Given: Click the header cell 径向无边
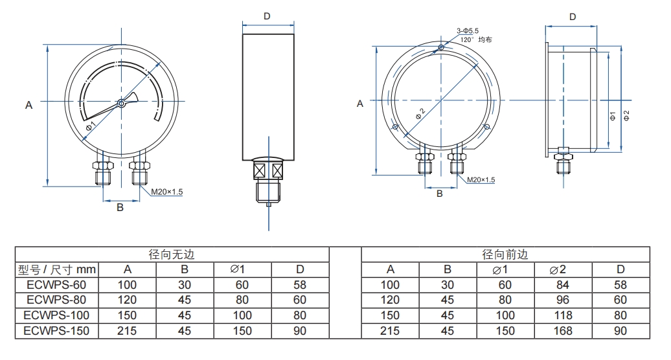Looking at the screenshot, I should point(172,254).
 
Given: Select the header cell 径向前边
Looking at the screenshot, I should point(505,254).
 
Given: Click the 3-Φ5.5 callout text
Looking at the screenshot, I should point(468,30).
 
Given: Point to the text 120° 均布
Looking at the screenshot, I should point(476,39).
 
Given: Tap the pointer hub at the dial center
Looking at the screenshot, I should point(121,102).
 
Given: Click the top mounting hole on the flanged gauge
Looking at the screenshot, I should point(441,47).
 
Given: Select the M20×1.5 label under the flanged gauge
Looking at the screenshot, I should point(481,180).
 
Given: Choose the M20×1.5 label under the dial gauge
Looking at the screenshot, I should point(167,192).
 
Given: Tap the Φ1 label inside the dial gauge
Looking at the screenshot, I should point(91,126).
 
